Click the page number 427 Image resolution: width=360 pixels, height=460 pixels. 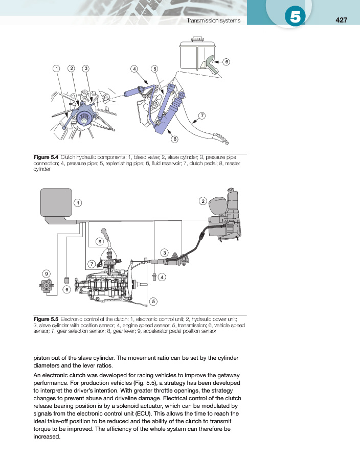[x=342, y=20]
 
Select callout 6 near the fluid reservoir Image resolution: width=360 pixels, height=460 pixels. [x=226, y=62]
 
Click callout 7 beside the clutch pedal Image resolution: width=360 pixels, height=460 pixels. [x=202, y=116]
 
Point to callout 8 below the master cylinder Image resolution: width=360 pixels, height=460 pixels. [x=175, y=139]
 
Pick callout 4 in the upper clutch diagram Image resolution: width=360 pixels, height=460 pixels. [x=134, y=68]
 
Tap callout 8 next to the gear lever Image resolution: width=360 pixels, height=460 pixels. [x=100, y=241]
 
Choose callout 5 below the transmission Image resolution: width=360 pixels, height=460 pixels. [x=153, y=301]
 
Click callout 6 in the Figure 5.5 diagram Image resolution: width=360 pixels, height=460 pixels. [x=66, y=289]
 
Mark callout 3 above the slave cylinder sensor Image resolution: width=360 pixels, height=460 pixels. [x=164, y=252]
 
